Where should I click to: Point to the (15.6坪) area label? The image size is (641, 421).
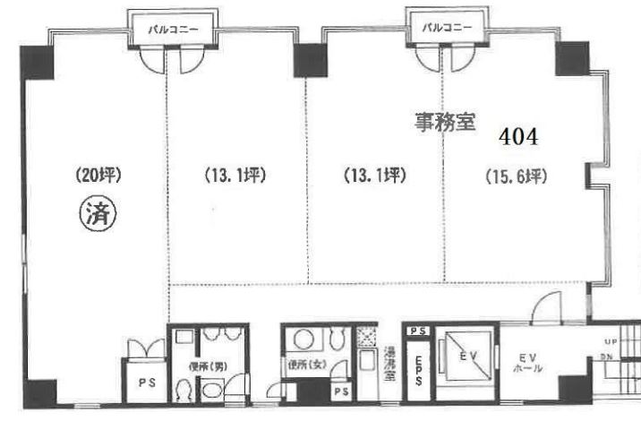click(514, 176)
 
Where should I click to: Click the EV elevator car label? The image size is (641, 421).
click(463, 356)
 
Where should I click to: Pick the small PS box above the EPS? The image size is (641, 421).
click(416, 331)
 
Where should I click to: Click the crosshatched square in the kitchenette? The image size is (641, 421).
click(365, 337)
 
